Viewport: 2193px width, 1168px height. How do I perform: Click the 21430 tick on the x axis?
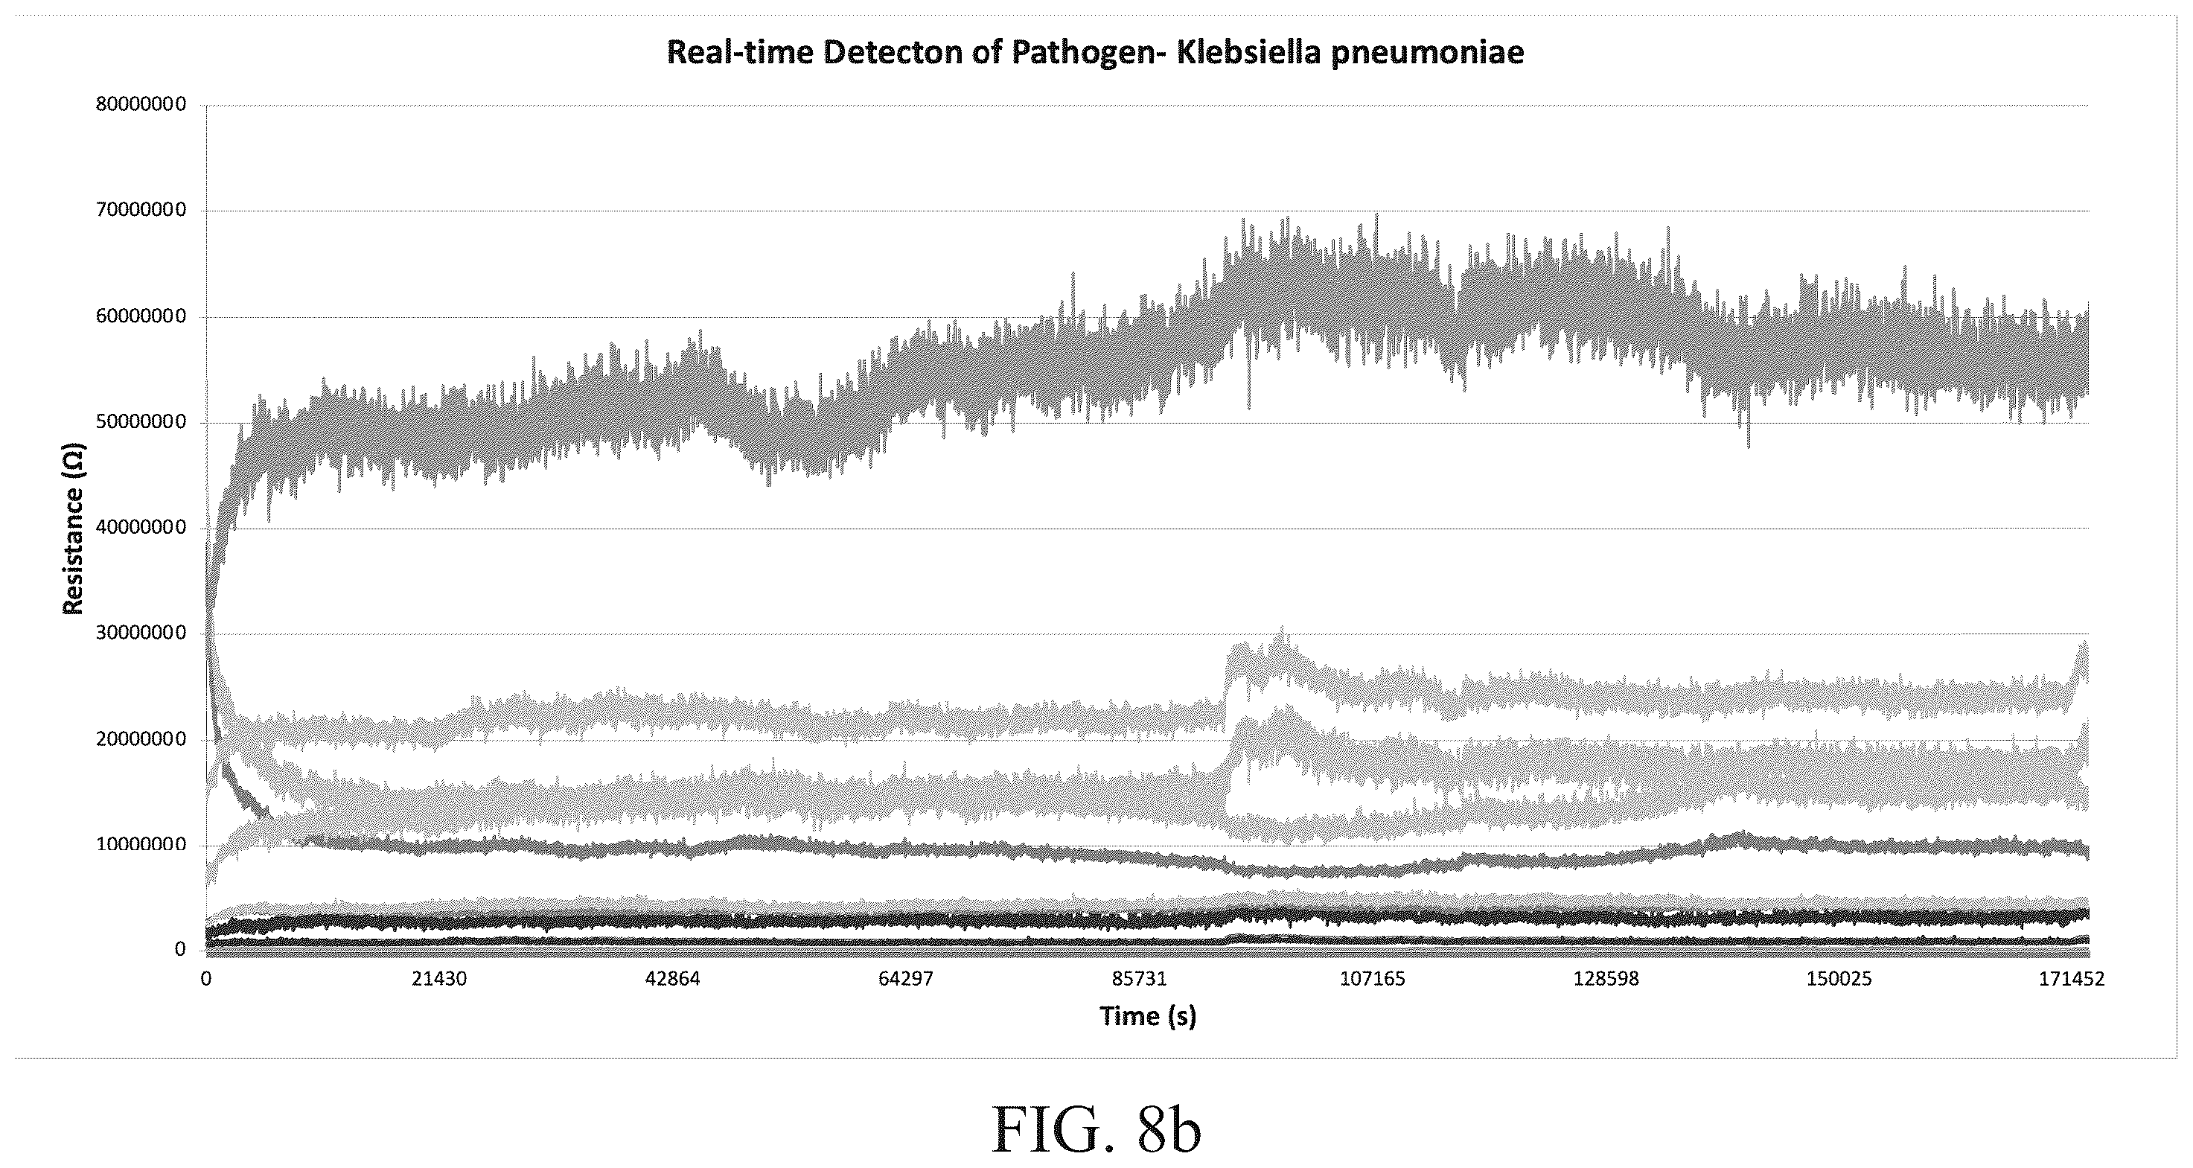[439, 978]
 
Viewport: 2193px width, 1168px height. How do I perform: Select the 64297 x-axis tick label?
[906, 978]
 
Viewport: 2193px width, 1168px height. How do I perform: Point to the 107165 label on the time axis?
[1373, 978]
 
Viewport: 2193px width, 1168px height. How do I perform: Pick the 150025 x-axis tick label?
[1839, 978]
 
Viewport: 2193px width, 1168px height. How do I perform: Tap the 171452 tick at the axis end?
[2071, 978]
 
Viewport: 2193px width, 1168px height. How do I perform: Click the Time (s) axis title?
[1148, 1015]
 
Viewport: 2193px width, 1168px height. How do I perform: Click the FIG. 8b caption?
[1096, 1129]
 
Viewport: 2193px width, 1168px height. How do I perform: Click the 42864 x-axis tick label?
[672, 978]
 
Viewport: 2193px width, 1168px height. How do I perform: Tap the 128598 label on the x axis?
[1606, 978]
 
